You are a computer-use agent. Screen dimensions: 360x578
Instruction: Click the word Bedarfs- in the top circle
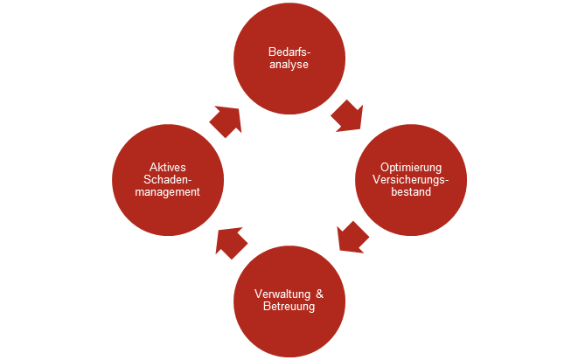click(289, 52)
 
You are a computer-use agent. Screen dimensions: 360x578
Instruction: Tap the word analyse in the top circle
click(289, 64)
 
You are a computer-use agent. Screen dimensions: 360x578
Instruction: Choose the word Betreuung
click(289, 307)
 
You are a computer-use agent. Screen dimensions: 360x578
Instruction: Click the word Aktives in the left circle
click(167, 167)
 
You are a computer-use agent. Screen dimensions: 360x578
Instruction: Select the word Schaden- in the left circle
click(167, 179)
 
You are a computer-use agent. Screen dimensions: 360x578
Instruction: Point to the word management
click(167, 192)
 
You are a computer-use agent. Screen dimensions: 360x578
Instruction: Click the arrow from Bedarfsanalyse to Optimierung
click(347, 115)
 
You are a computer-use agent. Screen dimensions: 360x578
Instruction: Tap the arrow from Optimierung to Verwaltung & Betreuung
click(352, 237)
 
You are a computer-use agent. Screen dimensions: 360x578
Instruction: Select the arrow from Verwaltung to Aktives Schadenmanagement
click(232, 242)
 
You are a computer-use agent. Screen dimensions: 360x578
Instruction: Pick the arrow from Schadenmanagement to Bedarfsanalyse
click(226, 121)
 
